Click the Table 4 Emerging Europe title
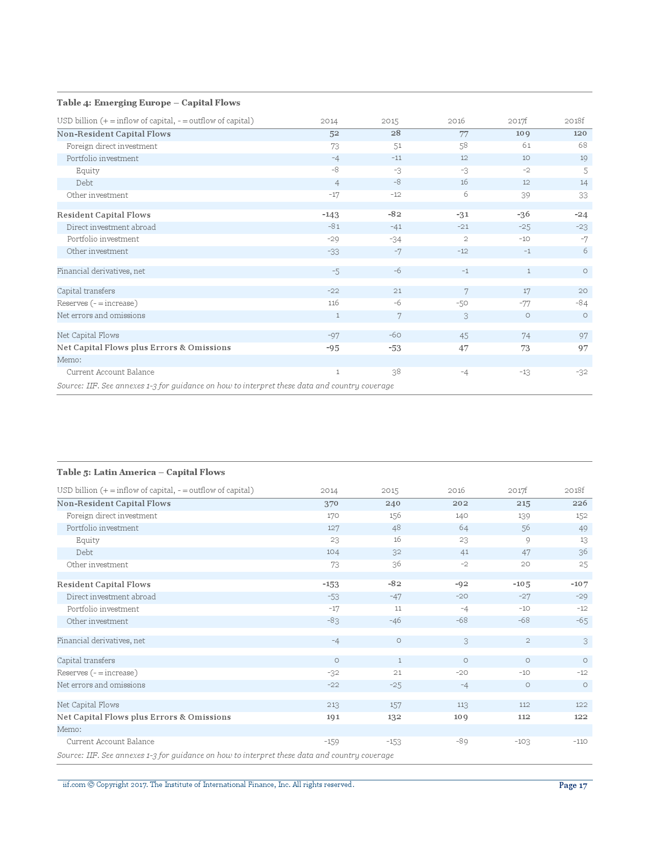148,103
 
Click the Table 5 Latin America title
141,472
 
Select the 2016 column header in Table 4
456,121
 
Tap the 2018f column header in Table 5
574,491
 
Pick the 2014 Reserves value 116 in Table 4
333,303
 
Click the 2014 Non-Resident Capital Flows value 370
331,504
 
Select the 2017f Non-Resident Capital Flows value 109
523,134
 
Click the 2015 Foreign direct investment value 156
394,516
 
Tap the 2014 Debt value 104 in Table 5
332,553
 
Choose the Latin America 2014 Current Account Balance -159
331,742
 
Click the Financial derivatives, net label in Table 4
101,271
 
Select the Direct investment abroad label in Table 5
111,597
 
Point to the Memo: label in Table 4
69,360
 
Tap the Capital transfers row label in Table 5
86,661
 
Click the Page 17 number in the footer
573,785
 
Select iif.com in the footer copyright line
74,785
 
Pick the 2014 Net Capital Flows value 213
333,705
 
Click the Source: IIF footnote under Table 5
225,755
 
